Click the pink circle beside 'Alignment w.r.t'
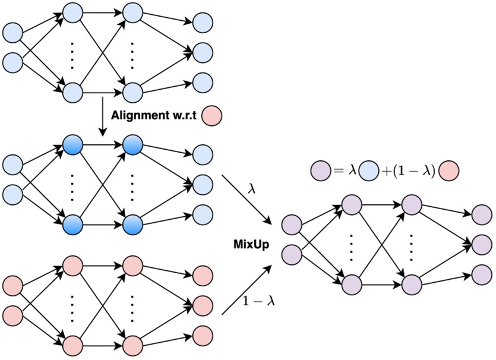pos(211,115)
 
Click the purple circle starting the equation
pos(320,171)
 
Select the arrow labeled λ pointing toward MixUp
pos(246,200)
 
